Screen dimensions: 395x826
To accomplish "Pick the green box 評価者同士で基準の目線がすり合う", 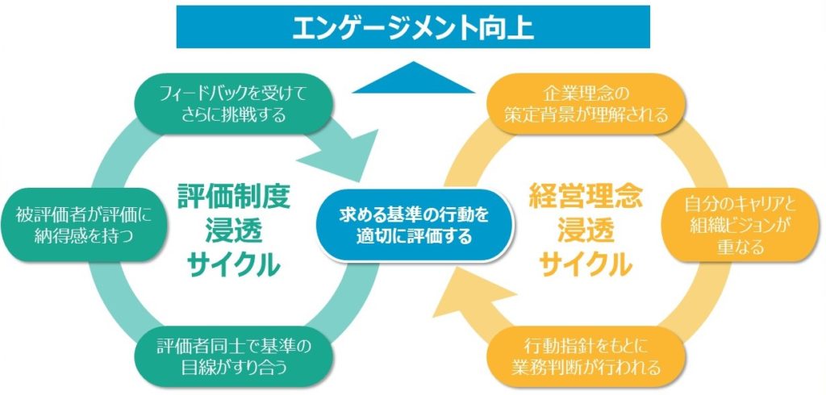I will (x=234, y=358).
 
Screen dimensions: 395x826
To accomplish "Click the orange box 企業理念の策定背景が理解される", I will (x=586, y=103).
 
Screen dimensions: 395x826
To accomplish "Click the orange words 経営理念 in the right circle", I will (x=584, y=194).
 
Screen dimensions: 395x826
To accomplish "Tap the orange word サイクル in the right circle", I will (x=584, y=263).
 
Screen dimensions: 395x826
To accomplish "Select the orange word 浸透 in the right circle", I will (x=584, y=229).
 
